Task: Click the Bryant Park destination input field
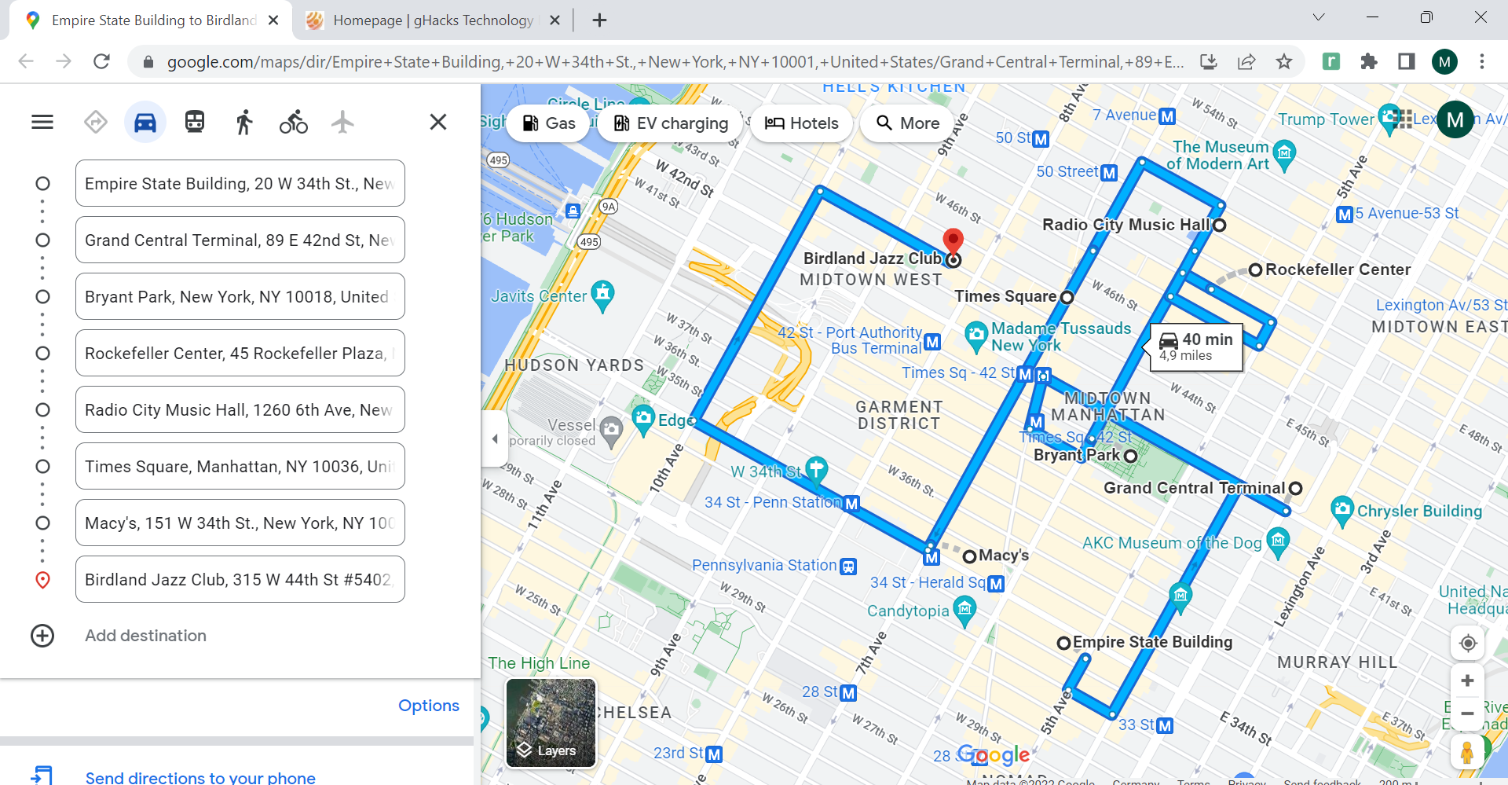pos(240,297)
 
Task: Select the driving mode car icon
pos(145,123)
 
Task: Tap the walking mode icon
pos(244,123)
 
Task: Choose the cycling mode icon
pos(293,123)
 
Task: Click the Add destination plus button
pos(42,636)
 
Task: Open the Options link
pos(428,706)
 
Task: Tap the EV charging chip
pos(672,123)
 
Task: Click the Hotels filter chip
pos(802,123)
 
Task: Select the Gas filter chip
pos(549,123)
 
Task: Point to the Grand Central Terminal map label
pos(1194,488)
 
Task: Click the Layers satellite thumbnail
pos(551,723)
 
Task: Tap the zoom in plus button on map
pos(1467,680)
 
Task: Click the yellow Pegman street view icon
pos(1467,752)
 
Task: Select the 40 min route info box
pos(1196,347)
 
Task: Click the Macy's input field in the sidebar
pos(240,523)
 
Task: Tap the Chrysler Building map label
pos(1419,511)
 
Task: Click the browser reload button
pos(101,61)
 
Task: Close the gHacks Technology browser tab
pos(555,20)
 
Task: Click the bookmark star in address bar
pos(1284,61)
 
